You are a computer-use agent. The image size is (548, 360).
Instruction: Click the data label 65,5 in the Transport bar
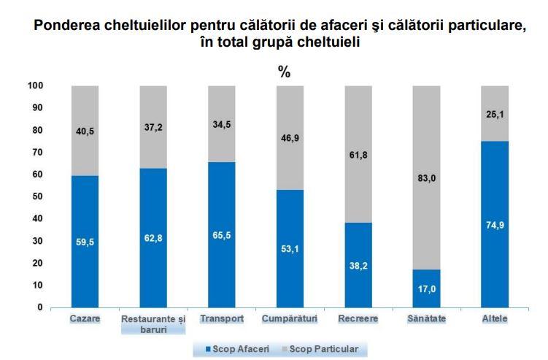(222, 235)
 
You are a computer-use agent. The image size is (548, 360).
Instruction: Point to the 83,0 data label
(427, 177)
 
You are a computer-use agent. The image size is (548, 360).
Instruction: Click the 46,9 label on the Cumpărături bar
(290, 137)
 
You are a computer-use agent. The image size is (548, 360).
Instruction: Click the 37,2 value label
(154, 127)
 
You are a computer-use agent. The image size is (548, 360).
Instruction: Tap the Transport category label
(222, 320)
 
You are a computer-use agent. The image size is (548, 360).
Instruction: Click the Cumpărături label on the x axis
(290, 320)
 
